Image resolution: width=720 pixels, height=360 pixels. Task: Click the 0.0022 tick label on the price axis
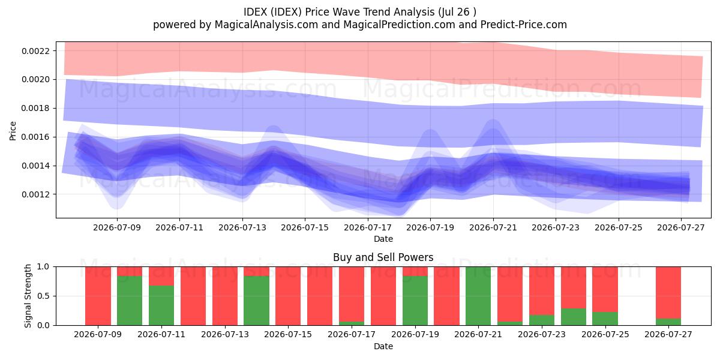click(35, 51)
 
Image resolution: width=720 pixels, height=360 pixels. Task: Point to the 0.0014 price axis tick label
click(35, 166)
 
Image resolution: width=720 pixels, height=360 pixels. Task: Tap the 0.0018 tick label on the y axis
click(35, 109)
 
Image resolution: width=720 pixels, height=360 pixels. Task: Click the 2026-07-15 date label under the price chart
click(305, 227)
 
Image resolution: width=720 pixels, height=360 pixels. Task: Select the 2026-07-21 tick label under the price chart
click(493, 227)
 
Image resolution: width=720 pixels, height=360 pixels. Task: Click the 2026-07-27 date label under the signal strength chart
click(668, 334)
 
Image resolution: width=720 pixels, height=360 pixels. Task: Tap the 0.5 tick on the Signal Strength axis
click(43, 296)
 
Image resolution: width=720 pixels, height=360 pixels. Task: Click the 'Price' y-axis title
click(13, 131)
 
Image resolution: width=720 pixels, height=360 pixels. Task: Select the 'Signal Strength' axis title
click(28, 296)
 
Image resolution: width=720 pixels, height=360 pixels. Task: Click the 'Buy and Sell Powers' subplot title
click(383, 257)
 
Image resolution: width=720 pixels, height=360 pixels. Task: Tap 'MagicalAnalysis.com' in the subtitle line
click(266, 25)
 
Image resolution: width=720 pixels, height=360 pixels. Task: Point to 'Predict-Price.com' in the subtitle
click(524, 25)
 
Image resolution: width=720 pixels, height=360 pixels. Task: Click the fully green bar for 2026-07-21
click(478, 296)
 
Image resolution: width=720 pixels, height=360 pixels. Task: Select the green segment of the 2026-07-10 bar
click(130, 301)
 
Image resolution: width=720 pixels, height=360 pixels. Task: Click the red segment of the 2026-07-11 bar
click(161, 276)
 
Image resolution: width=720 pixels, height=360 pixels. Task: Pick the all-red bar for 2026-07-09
click(98, 296)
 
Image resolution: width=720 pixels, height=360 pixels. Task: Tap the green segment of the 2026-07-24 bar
click(574, 317)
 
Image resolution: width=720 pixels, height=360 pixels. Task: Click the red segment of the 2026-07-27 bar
click(668, 293)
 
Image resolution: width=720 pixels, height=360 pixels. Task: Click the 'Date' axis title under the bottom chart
click(383, 346)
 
